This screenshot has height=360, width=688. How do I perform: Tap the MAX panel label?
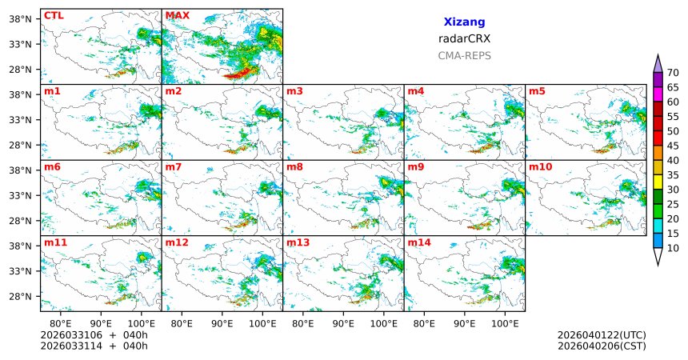point(177,15)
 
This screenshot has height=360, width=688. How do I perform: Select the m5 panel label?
point(536,91)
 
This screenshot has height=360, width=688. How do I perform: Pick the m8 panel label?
point(294,166)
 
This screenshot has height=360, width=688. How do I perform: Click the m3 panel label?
point(294,91)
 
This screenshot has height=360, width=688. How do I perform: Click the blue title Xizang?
point(464,22)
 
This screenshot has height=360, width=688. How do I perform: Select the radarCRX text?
point(464,38)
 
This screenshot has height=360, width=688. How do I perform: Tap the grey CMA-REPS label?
point(464,56)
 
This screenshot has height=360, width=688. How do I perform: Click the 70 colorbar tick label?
point(673,73)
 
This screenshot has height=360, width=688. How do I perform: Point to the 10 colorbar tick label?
point(673,249)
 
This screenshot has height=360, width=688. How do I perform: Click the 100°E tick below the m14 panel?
point(505,323)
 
